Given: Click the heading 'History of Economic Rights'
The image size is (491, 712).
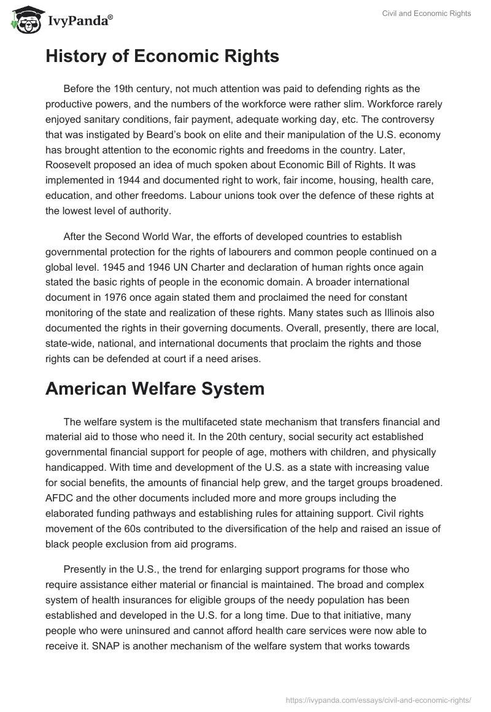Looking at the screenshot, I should coord(162,56).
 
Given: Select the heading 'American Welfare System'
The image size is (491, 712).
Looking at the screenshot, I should coord(155,388).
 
